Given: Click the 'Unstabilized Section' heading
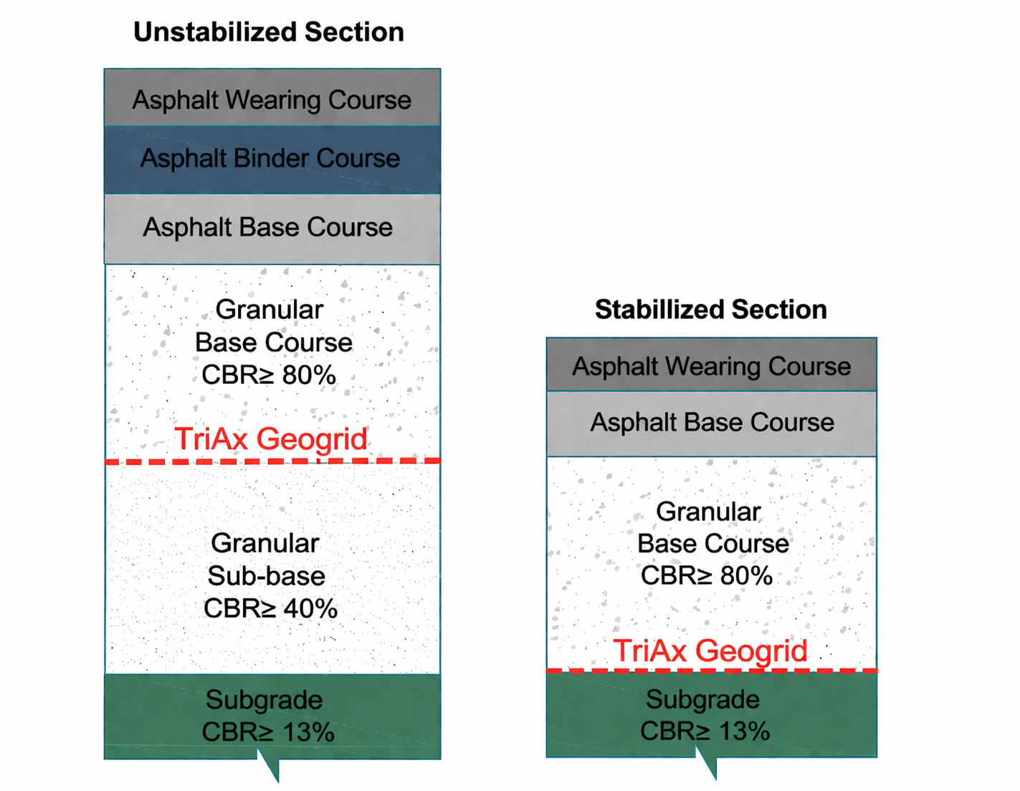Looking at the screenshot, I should pyautogui.click(x=269, y=32).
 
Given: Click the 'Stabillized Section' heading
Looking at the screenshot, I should pyautogui.click(x=710, y=310).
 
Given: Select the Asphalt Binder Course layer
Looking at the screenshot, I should pyautogui.click(x=270, y=159).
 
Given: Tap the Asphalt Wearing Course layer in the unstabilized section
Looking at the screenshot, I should pyautogui.click(x=272, y=100).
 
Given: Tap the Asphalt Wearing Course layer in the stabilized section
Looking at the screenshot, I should pyautogui.click(x=711, y=366).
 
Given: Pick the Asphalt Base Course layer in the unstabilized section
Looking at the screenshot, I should pyautogui.click(x=268, y=228).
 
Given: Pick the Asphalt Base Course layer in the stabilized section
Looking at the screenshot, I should pyautogui.click(x=712, y=423).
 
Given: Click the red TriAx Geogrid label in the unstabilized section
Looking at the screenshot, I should pyautogui.click(x=271, y=438).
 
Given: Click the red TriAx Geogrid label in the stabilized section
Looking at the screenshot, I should pyautogui.click(x=710, y=651).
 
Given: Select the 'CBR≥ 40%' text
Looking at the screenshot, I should pyautogui.click(x=270, y=608).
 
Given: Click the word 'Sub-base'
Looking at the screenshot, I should pyautogui.click(x=266, y=576).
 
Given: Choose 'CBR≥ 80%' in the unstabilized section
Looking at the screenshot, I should pyautogui.click(x=269, y=375).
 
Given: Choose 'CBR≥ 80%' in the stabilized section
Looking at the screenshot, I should pyautogui.click(x=707, y=575).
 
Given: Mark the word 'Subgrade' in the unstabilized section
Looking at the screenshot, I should pyautogui.click(x=264, y=700).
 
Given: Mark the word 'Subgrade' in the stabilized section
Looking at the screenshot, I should pyautogui.click(x=702, y=699).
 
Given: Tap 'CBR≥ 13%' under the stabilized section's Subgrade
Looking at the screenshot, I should pyautogui.click(x=705, y=732).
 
